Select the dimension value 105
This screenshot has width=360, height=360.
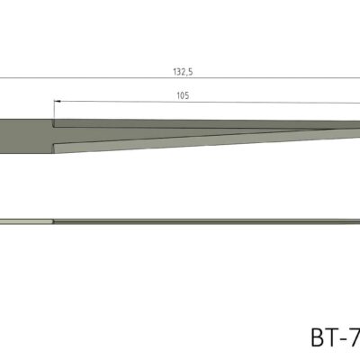(x=184, y=94)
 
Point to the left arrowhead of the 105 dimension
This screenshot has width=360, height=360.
(x=57, y=100)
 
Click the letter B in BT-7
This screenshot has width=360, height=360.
(x=319, y=337)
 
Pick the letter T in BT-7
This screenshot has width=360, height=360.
(x=335, y=337)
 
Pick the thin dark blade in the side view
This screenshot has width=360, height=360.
(x=198, y=220)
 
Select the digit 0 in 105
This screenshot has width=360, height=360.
(x=184, y=94)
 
